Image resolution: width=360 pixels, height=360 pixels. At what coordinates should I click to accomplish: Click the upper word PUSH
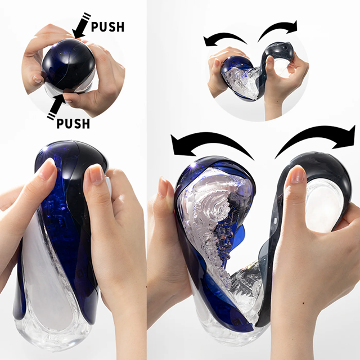[107, 26]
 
